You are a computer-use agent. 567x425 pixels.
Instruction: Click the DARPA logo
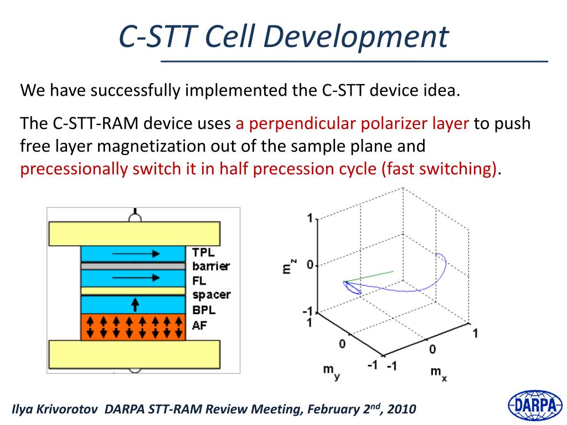pos(535,406)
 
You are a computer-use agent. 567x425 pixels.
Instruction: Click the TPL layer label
pos(203,252)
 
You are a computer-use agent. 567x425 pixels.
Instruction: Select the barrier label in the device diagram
pos(211,266)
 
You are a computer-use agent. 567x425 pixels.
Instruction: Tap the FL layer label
pos(199,281)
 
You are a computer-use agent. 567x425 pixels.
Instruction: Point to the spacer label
pos(212,296)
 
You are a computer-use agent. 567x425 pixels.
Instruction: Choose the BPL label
pos(204,310)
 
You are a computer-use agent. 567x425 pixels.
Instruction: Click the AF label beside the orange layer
pos(199,325)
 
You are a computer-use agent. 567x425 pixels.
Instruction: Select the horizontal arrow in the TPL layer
pos(136,253)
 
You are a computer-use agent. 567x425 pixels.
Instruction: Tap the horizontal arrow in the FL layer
pos(136,278)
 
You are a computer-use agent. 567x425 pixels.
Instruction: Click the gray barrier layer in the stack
pos(133,266)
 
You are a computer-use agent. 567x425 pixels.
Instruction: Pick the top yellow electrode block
pos(135,234)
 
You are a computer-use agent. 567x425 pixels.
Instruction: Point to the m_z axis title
pos(288,266)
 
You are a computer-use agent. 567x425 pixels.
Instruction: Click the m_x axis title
pos(439,374)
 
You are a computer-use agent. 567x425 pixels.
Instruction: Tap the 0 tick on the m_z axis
pos(310,265)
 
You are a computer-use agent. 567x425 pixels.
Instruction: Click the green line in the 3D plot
pos(369,276)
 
